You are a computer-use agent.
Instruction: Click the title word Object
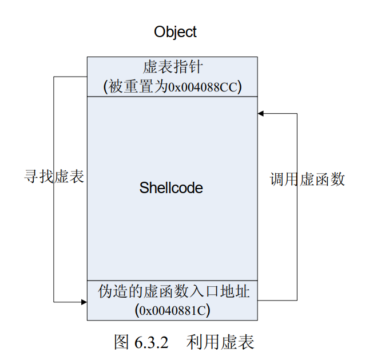(175, 31)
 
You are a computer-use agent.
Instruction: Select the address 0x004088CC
(205, 87)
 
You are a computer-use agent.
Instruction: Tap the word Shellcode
(171, 187)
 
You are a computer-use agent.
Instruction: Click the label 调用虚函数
(307, 179)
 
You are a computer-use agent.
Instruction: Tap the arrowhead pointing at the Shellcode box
(261, 114)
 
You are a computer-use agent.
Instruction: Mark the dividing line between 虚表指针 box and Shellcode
(172, 97)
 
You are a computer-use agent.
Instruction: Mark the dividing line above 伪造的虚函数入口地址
(172, 280)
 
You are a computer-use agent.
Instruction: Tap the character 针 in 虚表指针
(194, 67)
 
